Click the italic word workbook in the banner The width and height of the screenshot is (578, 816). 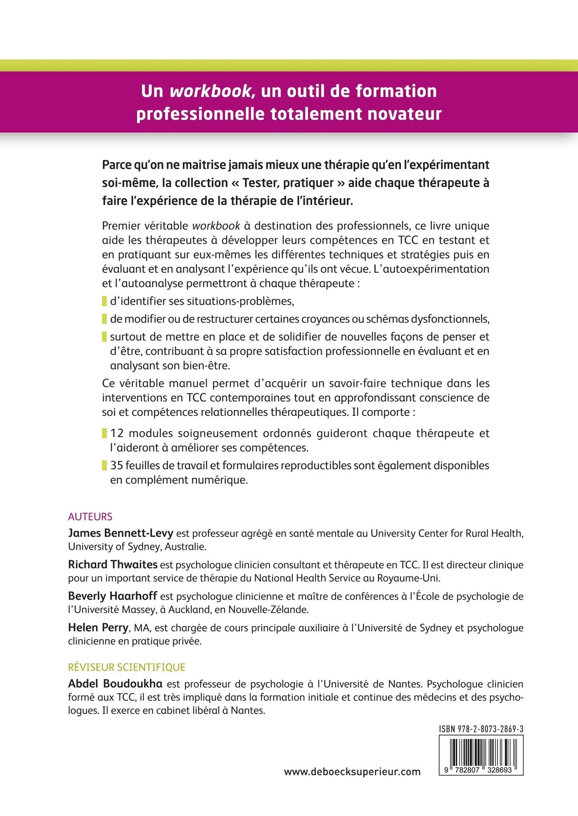pyautogui.click(x=210, y=91)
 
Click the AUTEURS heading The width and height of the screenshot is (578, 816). pyautogui.click(x=90, y=516)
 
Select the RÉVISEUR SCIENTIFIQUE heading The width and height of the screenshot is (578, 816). pyautogui.click(x=127, y=667)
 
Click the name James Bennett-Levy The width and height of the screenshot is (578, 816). pyautogui.click(x=120, y=533)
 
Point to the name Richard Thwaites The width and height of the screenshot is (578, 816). pyautogui.click(x=112, y=564)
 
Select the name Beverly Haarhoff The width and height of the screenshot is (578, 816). pyautogui.click(x=112, y=596)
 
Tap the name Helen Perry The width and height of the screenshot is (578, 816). pyautogui.click(x=98, y=627)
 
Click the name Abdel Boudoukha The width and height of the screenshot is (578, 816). pyautogui.click(x=115, y=684)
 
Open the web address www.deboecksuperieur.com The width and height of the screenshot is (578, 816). pyautogui.click(x=352, y=772)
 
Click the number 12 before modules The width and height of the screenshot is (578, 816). pyautogui.click(x=117, y=433)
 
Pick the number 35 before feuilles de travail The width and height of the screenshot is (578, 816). pyautogui.click(x=117, y=465)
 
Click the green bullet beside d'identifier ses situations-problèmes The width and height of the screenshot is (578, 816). pyautogui.click(x=104, y=301)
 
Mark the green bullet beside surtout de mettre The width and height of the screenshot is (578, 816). pyautogui.click(x=104, y=337)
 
